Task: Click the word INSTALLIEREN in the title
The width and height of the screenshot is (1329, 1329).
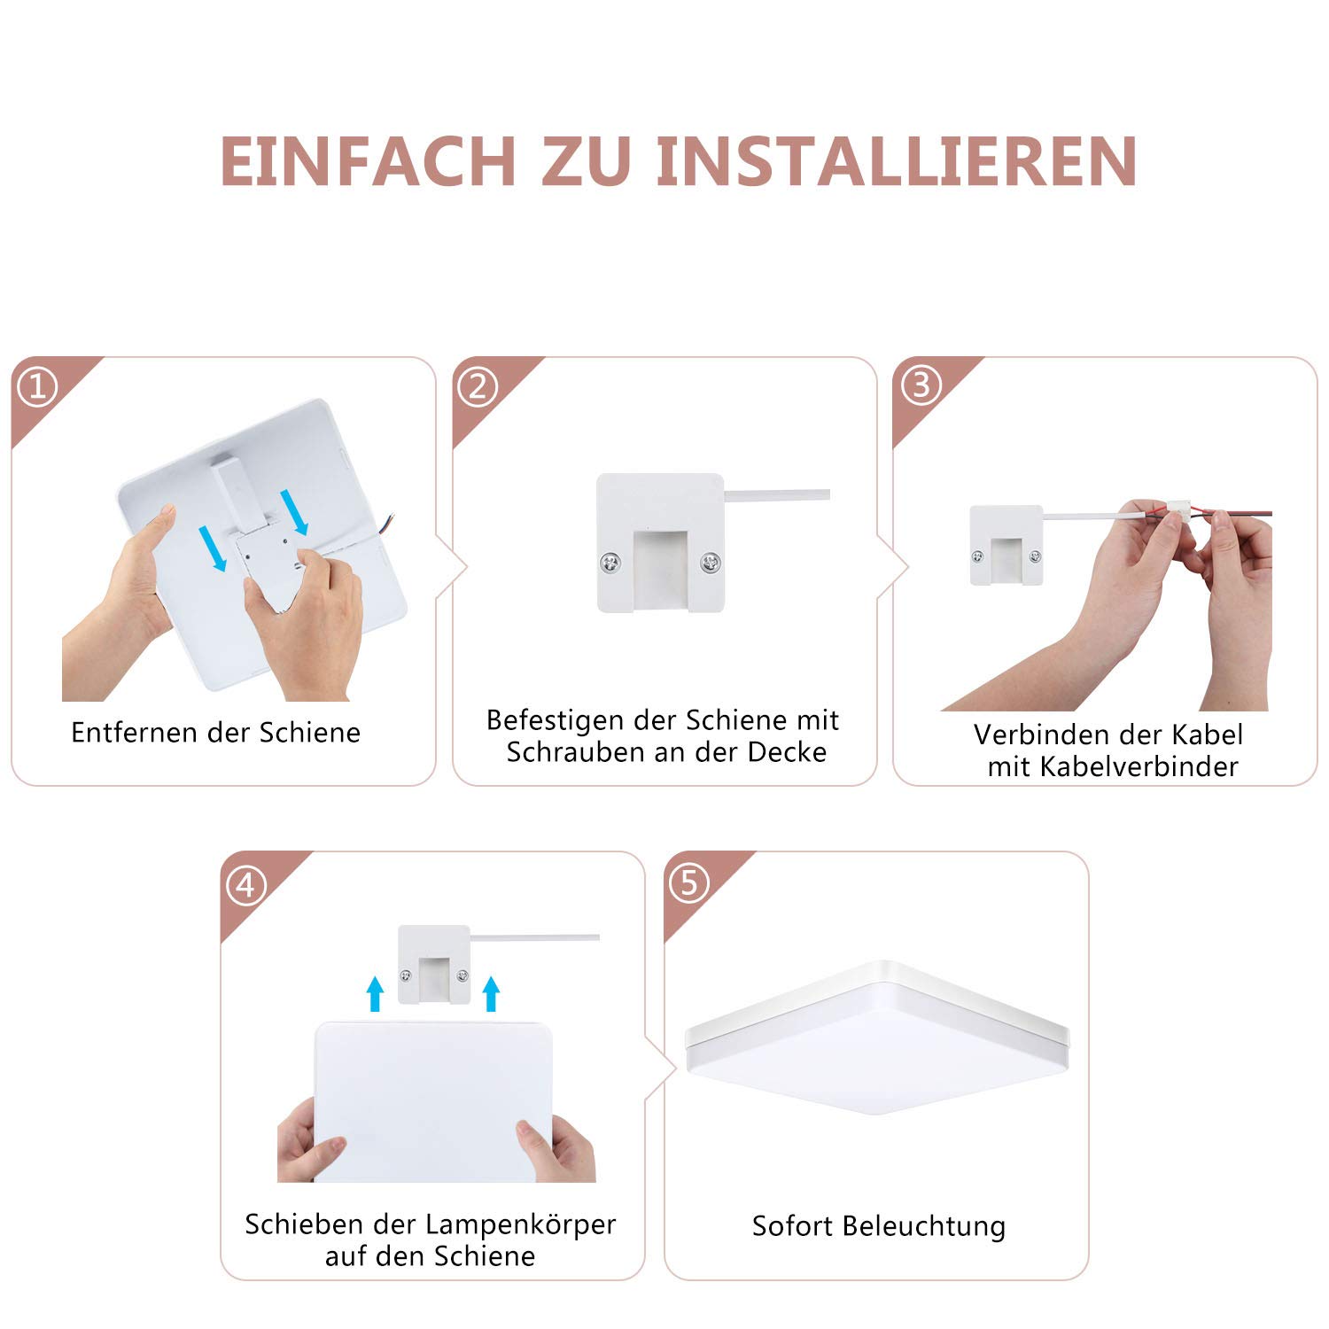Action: (897, 161)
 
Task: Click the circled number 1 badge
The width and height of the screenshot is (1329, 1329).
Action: (38, 387)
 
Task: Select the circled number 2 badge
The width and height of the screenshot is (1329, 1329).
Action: (478, 387)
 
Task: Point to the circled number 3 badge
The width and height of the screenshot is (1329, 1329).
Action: (921, 385)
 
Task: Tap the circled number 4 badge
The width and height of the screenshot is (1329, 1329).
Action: (246, 885)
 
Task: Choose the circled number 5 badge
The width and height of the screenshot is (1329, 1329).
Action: (689, 883)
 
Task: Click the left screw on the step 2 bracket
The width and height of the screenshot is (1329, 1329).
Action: (610, 561)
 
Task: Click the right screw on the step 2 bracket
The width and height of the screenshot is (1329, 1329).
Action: (711, 561)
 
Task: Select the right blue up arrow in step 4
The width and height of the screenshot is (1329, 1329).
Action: (491, 994)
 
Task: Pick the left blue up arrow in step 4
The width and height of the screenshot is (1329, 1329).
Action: (375, 994)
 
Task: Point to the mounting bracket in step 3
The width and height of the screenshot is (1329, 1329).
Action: (1006, 545)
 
